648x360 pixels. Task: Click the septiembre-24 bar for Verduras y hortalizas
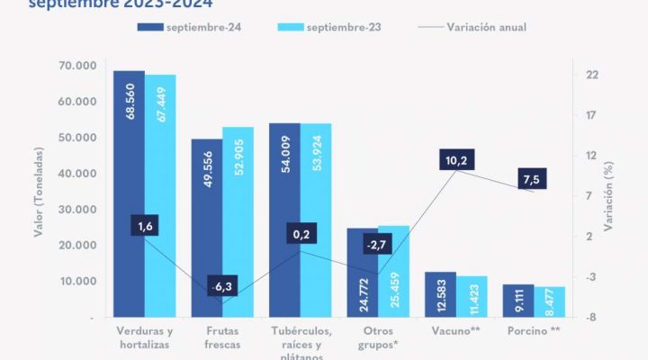[x=129, y=193]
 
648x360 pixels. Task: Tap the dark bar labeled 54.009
[x=284, y=220]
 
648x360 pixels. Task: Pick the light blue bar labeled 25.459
[x=393, y=271]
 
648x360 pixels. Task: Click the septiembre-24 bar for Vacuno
[x=440, y=293]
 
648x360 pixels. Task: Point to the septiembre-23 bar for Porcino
[x=549, y=301]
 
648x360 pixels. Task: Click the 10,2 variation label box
[x=456, y=161]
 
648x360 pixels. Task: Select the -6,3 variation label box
[x=220, y=287]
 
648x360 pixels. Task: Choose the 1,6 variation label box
[x=146, y=227]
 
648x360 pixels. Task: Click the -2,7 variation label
[x=378, y=245]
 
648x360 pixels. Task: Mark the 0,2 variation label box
[x=301, y=236]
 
